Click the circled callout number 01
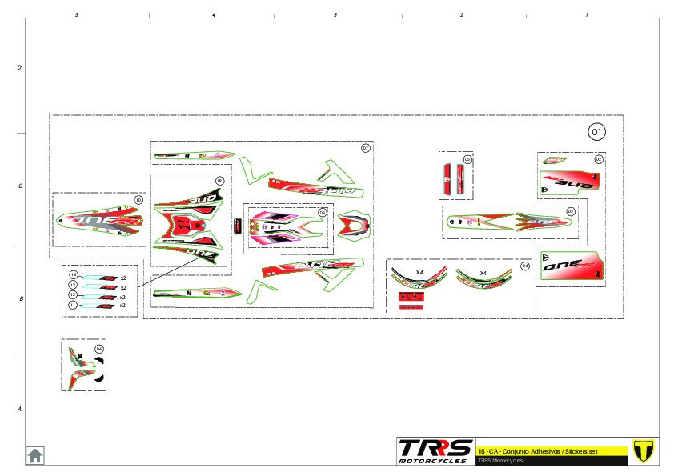click(597, 131)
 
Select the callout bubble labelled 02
click(598, 160)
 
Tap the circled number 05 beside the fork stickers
click(467, 159)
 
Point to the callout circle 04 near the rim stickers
click(525, 266)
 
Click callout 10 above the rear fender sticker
click(138, 199)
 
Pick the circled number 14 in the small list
click(73, 275)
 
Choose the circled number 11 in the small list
click(73, 305)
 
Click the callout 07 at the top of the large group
click(366, 148)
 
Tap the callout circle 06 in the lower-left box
click(99, 349)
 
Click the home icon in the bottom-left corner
click(35, 455)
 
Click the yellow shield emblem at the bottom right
click(643, 450)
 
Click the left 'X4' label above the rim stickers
click(419, 273)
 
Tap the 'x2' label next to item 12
click(122, 296)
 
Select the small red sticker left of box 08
click(238, 226)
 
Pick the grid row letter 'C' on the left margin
click(19, 186)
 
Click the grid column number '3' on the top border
click(335, 15)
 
